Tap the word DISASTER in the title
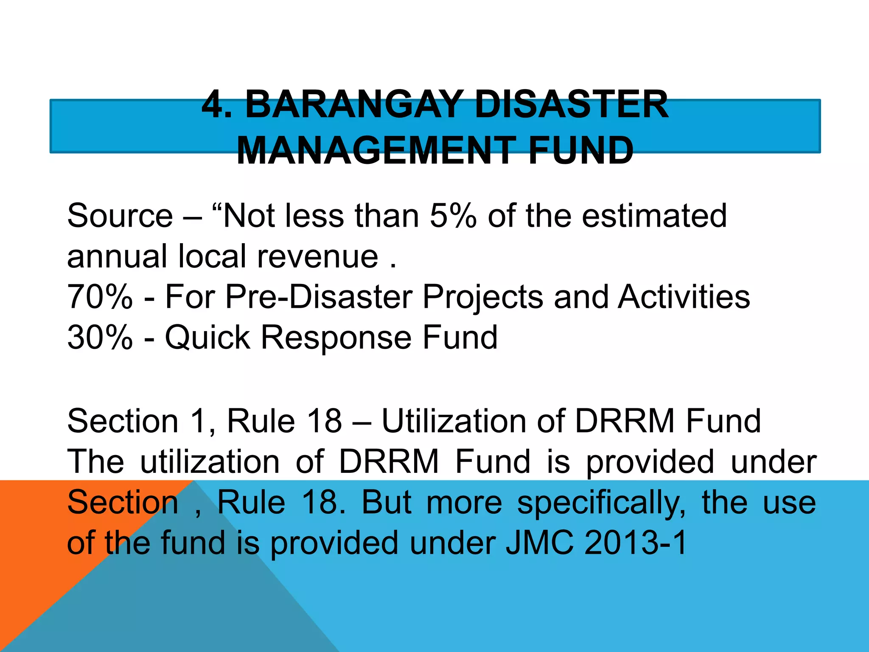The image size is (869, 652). point(571,104)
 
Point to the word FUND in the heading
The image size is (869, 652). point(581,151)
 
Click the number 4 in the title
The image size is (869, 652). point(212,104)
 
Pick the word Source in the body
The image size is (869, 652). point(120,216)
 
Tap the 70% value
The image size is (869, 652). point(100,297)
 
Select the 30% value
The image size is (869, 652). point(100,337)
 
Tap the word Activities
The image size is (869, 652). point(684,297)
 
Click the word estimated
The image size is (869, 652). point(654,216)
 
